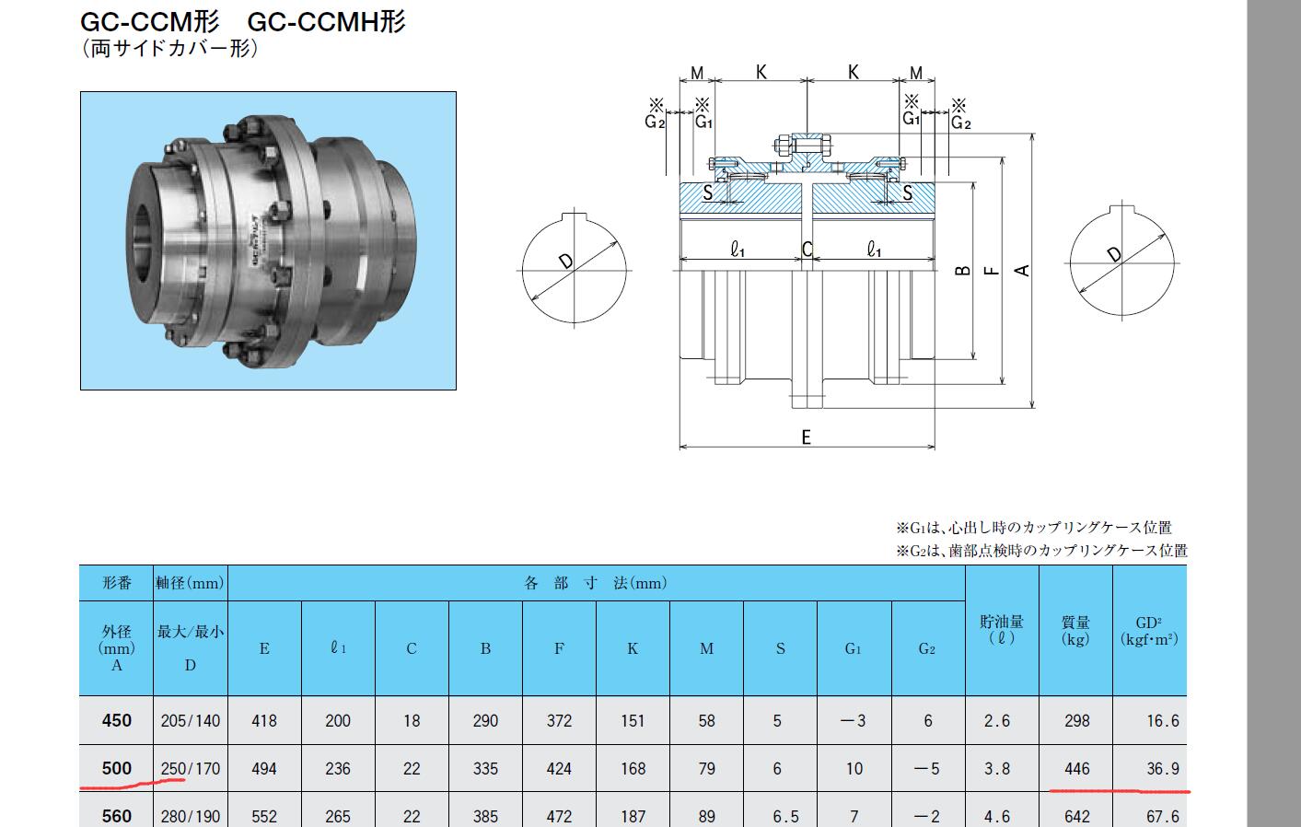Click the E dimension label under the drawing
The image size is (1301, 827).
click(x=807, y=437)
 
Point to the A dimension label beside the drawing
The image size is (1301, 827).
click(x=1022, y=270)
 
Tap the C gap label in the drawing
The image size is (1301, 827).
click(x=807, y=250)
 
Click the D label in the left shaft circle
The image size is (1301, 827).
click(x=565, y=262)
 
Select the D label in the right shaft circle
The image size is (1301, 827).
click(x=1114, y=254)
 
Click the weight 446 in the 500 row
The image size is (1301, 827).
click(x=1077, y=769)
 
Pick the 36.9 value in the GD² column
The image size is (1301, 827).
click(x=1163, y=769)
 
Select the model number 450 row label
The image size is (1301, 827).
click(x=116, y=721)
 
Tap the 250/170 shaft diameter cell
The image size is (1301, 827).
click(x=191, y=769)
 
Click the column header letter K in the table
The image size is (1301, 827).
click(x=633, y=648)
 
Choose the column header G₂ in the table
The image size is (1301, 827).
click(x=927, y=648)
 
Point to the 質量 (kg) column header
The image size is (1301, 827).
click(x=1075, y=631)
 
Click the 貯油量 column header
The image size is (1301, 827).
click(x=1002, y=622)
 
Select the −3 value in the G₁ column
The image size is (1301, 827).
click(x=854, y=721)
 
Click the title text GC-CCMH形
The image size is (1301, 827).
click(x=327, y=22)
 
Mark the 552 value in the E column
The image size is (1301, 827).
click(x=263, y=817)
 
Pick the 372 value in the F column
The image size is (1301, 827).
click(x=559, y=721)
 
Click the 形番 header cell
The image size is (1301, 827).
click(x=116, y=583)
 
